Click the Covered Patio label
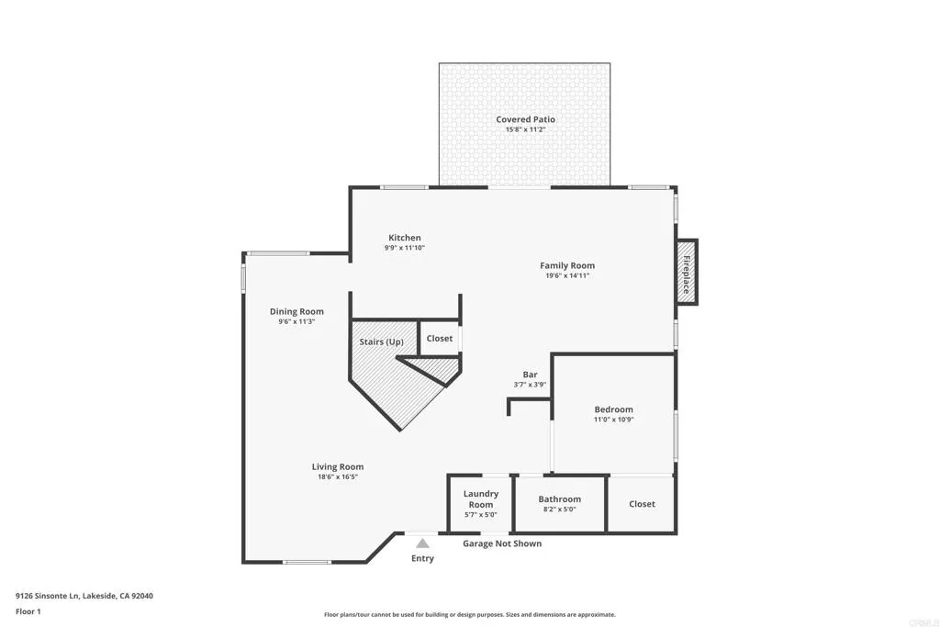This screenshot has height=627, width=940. (x=525, y=119)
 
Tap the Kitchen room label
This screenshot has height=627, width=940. (x=404, y=238)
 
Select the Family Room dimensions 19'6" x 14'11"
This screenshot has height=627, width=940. (x=566, y=275)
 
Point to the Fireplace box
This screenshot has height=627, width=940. (x=686, y=273)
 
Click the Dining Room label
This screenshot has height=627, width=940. (x=297, y=311)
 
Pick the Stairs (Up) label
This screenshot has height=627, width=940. (x=381, y=341)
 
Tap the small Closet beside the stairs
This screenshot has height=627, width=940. (x=440, y=338)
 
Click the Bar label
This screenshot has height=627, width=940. (x=530, y=375)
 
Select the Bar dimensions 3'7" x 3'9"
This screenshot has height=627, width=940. (x=530, y=385)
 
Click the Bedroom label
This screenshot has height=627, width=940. (x=613, y=409)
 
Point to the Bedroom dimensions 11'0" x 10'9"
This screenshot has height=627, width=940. (x=613, y=420)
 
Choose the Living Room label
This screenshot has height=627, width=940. (x=338, y=466)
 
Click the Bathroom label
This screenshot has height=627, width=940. (x=559, y=499)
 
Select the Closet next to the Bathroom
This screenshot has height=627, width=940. (x=642, y=504)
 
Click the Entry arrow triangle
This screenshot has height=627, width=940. (x=422, y=543)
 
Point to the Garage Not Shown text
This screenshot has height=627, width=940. (x=501, y=543)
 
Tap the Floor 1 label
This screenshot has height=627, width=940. (x=28, y=610)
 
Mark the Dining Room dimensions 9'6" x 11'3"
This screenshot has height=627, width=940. (x=297, y=321)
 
